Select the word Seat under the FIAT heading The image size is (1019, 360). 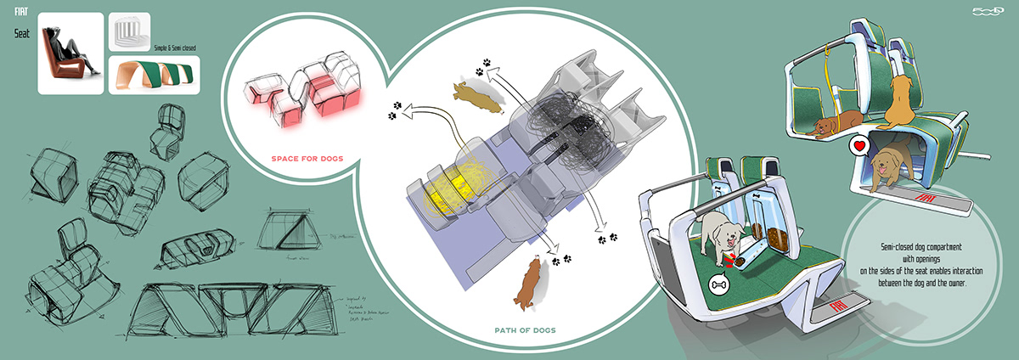click(x=22, y=35)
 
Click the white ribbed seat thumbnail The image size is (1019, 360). click(x=129, y=32)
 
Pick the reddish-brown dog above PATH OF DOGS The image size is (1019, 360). click(x=530, y=280)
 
